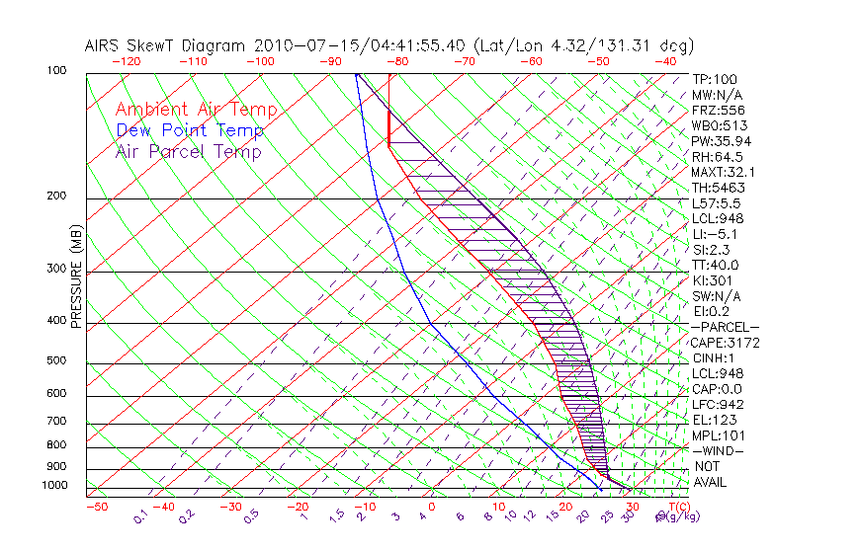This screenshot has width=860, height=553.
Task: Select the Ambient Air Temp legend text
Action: tap(196, 110)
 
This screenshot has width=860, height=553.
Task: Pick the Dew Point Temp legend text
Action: tap(190, 130)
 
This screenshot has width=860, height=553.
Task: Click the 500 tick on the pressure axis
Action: tap(56, 361)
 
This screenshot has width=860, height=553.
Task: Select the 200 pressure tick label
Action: tap(56, 196)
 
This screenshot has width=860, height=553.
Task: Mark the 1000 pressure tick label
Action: tap(53, 485)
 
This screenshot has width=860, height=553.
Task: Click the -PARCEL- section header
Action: tap(725, 327)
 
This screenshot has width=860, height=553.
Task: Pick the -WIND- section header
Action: tap(718, 450)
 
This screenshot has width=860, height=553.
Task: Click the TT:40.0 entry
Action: tap(715, 265)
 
